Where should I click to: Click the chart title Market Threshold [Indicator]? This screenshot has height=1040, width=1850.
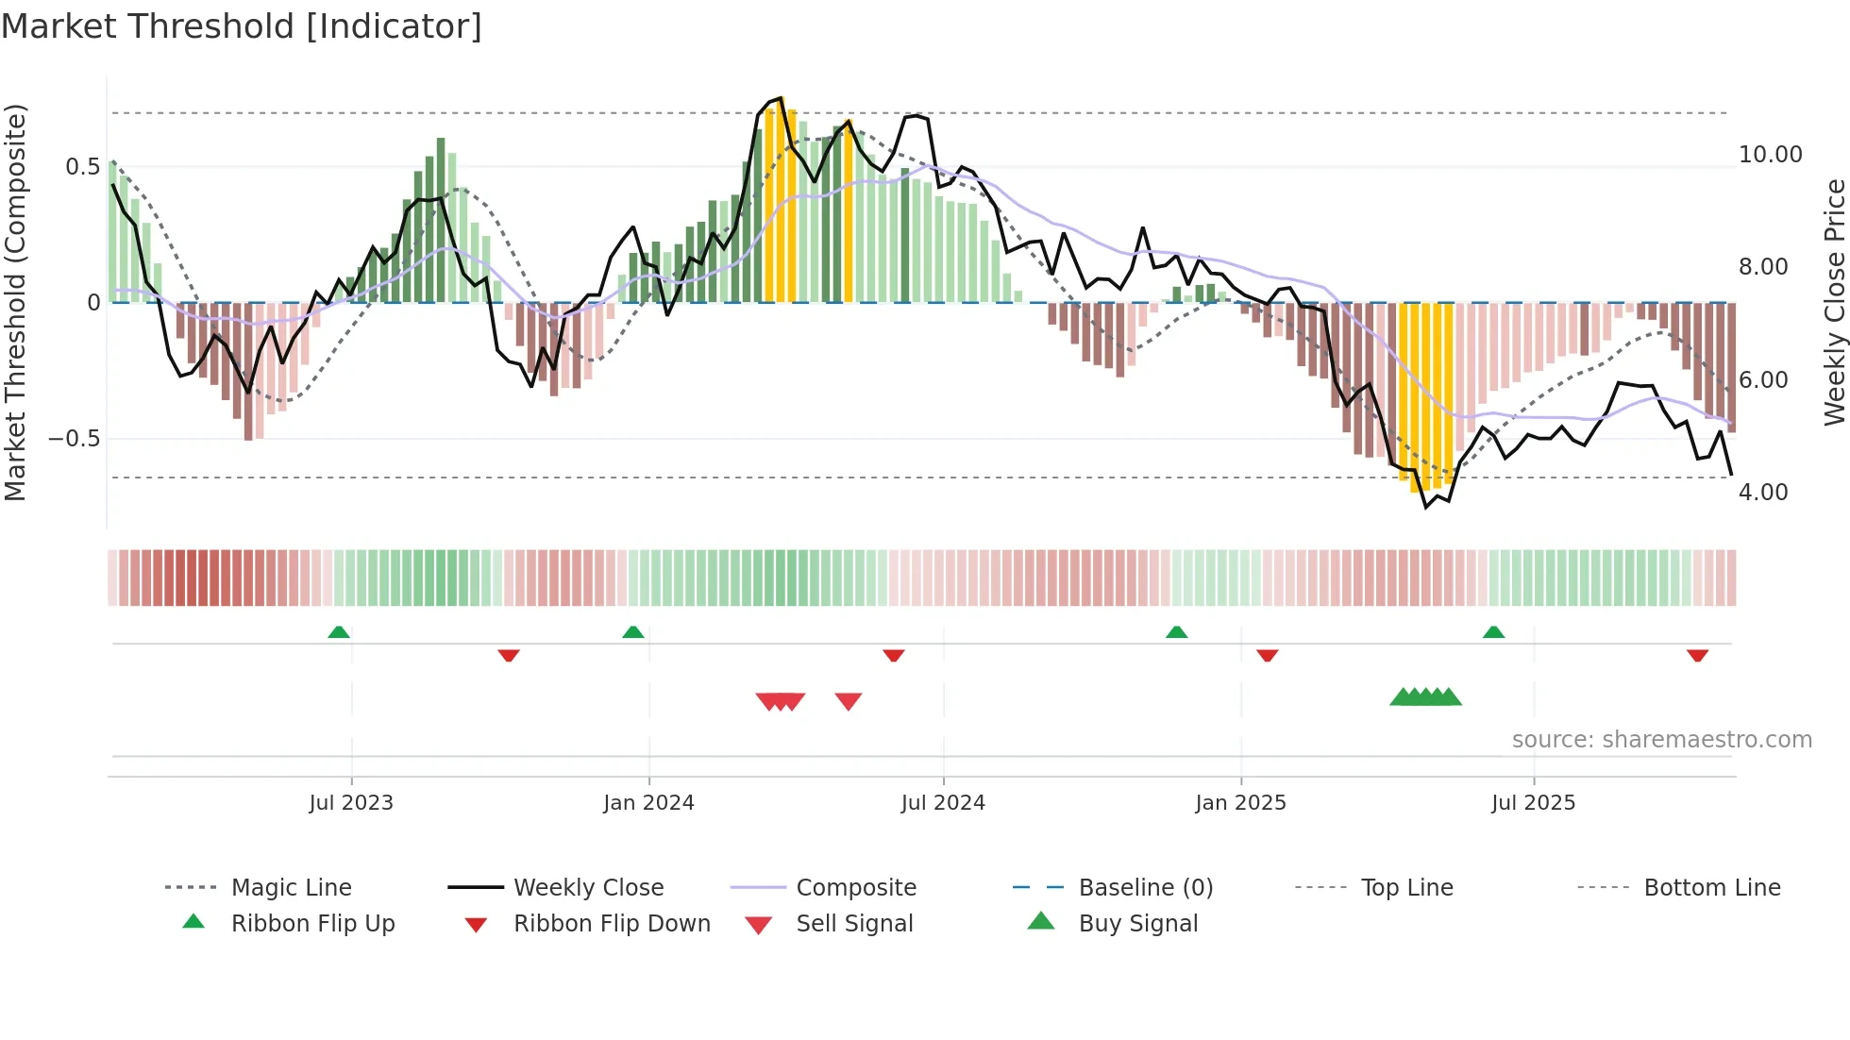click(x=242, y=26)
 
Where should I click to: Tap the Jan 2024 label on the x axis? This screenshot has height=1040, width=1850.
click(x=648, y=803)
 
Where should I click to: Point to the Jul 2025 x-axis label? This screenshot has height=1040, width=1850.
click(x=1533, y=803)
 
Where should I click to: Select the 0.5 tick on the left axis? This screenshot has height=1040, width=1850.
click(x=82, y=167)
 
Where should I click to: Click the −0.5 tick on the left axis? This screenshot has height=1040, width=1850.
click(x=74, y=439)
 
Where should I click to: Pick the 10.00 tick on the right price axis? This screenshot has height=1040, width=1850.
click(x=1770, y=155)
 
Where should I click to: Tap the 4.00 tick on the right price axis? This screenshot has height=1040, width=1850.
click(x=1762, y=493)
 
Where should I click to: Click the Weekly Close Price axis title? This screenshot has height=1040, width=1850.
click(x=1833, y=302)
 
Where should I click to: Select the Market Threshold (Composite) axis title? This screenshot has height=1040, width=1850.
click(x=15, y=302)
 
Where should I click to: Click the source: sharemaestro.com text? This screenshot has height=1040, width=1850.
click(x=1661, y=740)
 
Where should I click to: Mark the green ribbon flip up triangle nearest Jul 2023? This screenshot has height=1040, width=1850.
click(x=339, y=632)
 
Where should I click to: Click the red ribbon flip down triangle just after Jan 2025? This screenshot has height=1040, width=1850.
click(x=1267, y=655)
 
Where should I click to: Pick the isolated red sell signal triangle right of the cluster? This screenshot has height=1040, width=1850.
click(x=849, y=701)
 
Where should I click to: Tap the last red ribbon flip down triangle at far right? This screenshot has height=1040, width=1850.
click(x=1697, y=655)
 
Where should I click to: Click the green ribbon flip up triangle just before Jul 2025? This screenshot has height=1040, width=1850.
click(x=1493, y=632)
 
